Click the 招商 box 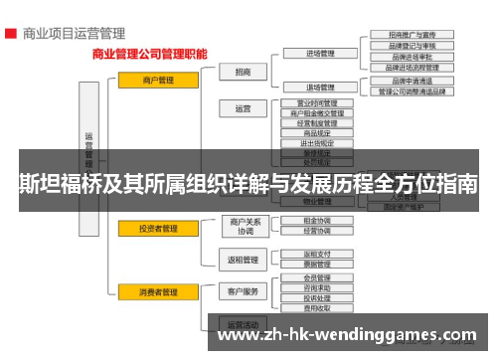coord(244,72)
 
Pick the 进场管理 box coord(319,54)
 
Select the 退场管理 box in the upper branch coord(319,88)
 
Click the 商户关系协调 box coord(244,226)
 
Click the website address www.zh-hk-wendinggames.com coord(344,335)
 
